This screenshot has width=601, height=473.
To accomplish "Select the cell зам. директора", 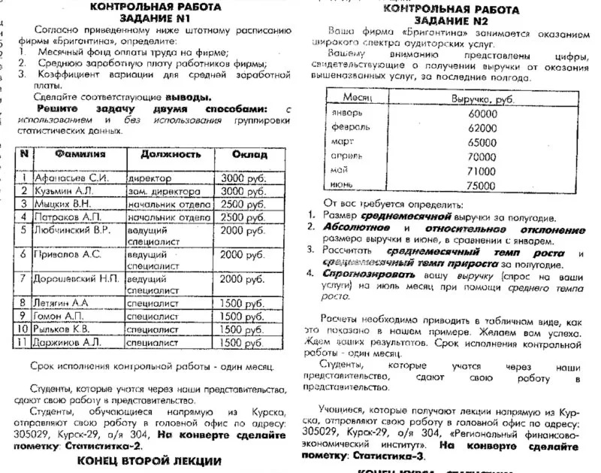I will click(169, 192).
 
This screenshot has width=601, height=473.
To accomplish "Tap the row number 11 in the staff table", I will click(24, 341).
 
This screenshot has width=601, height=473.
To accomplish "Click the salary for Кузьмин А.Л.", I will click(243, 192).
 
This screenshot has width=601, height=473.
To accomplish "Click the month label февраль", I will click(351, 128).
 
